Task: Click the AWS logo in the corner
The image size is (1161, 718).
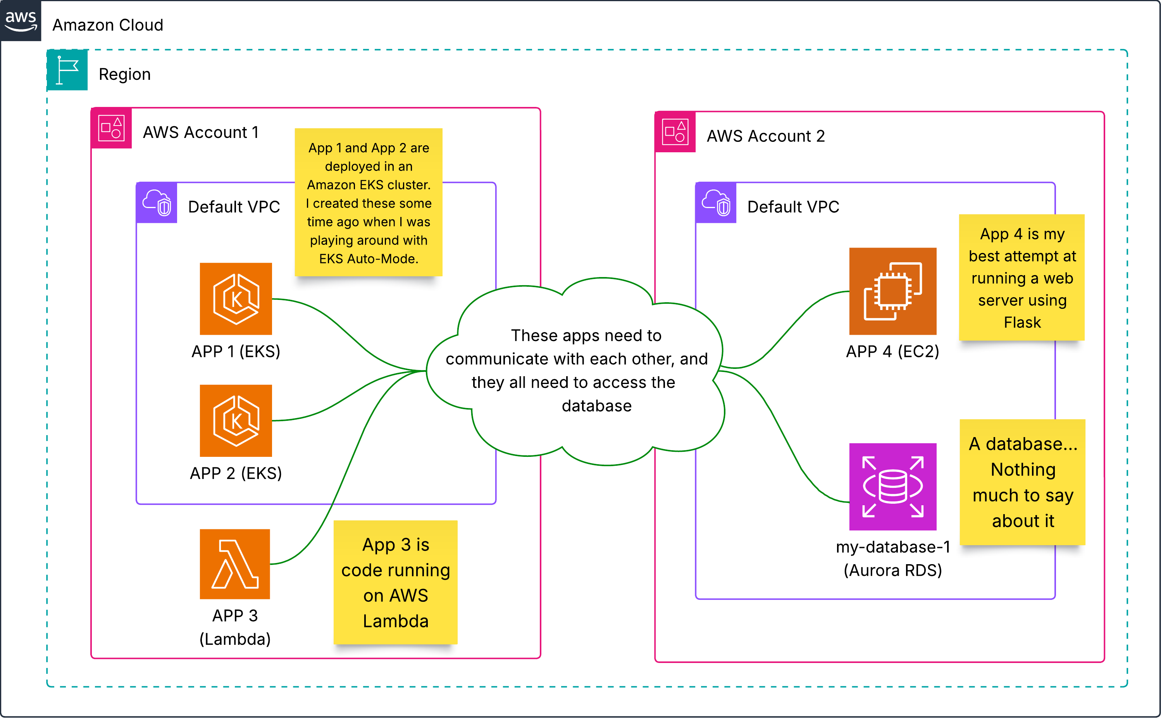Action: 21,21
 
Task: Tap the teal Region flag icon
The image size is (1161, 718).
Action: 67,70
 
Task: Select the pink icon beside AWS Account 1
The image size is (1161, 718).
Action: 111,128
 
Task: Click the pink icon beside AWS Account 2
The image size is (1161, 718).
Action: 675,131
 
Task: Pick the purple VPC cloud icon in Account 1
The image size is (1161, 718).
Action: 156,202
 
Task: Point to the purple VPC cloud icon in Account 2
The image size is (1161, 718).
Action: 716,202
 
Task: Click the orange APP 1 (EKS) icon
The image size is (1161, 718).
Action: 236,299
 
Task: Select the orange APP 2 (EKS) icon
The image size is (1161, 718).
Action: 236,421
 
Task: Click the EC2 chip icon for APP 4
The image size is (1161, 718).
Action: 893,291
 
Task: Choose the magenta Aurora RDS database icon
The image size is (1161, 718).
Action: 893,487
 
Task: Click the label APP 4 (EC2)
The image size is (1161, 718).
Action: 893,351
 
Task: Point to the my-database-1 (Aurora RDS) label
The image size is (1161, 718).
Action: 893,558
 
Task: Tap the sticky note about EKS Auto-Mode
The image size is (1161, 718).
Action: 369,202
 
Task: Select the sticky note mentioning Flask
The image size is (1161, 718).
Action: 1022,277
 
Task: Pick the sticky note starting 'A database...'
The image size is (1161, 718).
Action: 1023,482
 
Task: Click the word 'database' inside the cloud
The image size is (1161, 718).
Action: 596,406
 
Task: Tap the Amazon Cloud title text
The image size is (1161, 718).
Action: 108,25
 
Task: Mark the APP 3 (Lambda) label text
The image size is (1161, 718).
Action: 235,627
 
